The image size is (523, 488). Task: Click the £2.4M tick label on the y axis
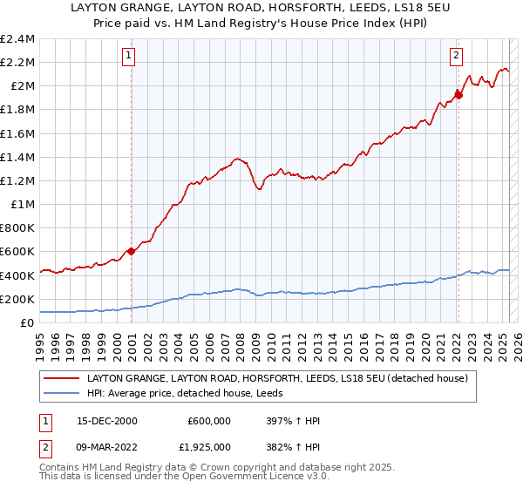tap(17, 39)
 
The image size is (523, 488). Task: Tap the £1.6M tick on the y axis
tap(17, 133)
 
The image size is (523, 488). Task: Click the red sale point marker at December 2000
tap(132, 251)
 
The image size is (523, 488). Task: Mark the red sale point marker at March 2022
tap(458, 95)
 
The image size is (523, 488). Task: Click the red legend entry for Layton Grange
tap(277, 379)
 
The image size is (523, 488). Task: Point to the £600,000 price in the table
tap(208, 421)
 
